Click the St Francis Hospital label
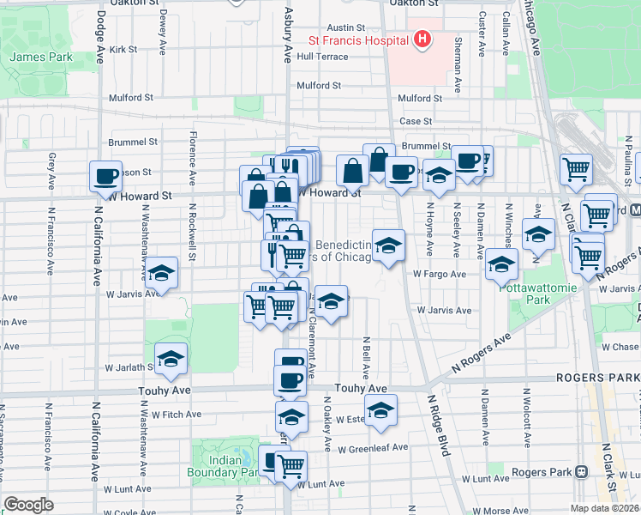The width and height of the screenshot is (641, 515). [x=358, y=39]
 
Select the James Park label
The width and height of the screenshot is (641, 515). [x=40, y=58]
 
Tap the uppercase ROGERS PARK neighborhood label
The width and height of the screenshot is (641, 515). [x=597, y=378]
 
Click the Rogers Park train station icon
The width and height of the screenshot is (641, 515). [x=581, y=471]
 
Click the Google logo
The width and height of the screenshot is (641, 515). [x=28, y=504]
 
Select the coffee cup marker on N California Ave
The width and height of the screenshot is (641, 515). [x=105, y=177]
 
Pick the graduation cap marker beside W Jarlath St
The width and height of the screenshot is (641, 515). [x=171, y=358]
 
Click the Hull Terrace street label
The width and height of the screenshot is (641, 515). [x=322, y=57]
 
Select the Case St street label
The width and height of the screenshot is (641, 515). [x=416, y=122]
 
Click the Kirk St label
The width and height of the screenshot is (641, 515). [x=123, y=50]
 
